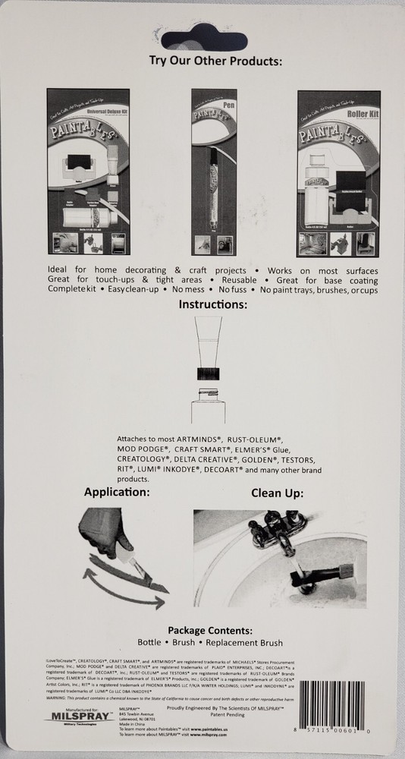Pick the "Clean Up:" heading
[x=278, y=492]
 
